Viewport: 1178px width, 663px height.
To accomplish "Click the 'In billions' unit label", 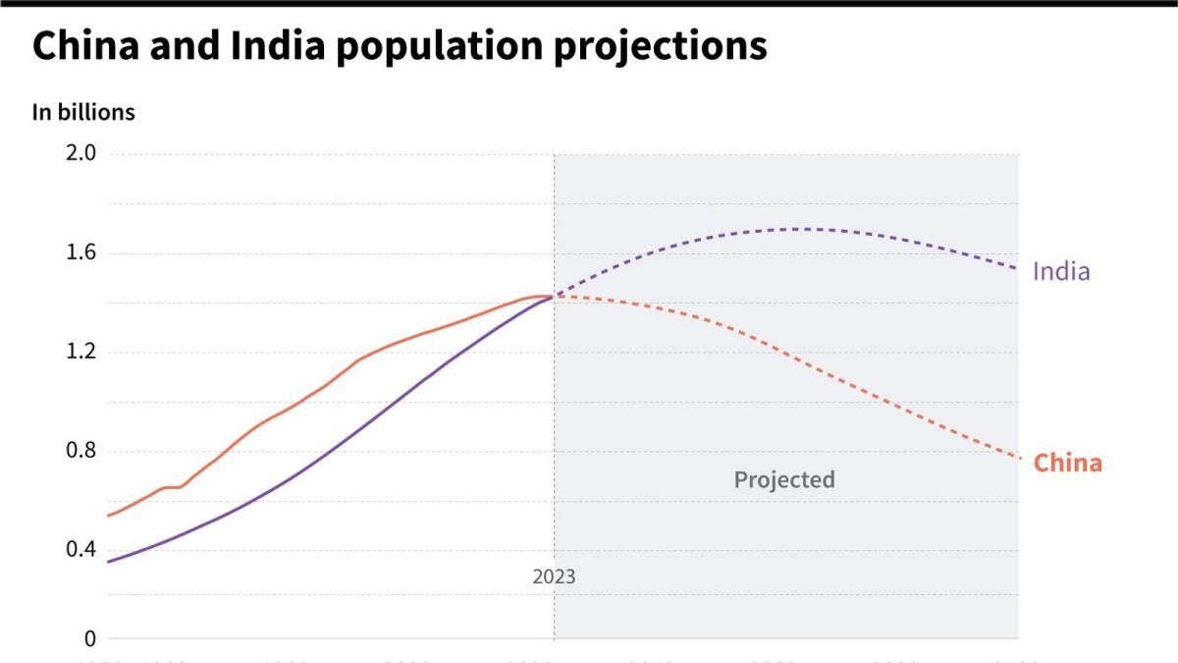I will (x=83, y=112).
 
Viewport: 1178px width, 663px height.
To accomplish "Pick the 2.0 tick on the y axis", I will (x=81, y=153).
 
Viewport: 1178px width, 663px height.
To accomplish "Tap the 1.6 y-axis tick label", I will (x=81, y=253).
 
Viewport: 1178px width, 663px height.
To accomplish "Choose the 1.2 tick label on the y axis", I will (x=81, y=352).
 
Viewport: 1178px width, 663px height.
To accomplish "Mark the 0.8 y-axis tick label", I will (x=81, y=451).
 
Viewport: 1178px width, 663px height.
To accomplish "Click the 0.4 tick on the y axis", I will (x=81, y=549).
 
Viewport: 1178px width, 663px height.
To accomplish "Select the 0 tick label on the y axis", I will (x=90, y=638).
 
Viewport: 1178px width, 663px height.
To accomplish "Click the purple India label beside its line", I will (x=1061, y=271).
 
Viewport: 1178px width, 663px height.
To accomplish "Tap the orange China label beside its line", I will (x=1068, y=463).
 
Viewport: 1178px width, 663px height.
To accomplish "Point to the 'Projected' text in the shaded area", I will (x=784, y=479).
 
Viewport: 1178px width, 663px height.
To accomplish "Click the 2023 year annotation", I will (x=554, y=577).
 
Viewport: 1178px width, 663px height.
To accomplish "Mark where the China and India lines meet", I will (x=554, y=296).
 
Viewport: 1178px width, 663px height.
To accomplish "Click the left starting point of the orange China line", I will (x=108, y=516).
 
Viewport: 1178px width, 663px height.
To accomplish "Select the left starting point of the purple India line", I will (x=108, y=562).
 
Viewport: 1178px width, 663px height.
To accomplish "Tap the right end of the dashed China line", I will (x=1018, y=457).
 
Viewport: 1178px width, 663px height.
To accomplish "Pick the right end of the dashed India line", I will (x=1018, y=268).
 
